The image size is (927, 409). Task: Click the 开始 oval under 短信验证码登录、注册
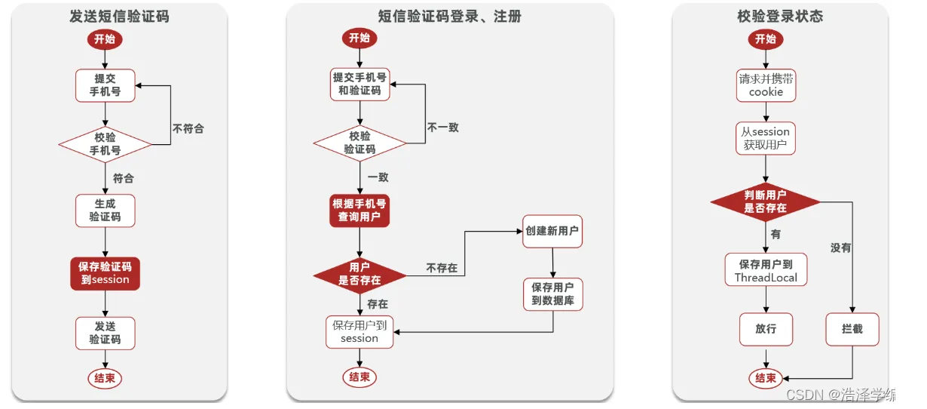click(359, 38)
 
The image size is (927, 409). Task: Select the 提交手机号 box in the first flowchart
click(105, 85)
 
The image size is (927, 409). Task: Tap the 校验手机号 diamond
click(105, 143)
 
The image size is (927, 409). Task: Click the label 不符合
click(188, 128)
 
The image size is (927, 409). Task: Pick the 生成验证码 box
click(105, 211)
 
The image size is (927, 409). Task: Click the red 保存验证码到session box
click(105, 272)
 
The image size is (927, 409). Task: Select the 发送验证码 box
click(105, 333)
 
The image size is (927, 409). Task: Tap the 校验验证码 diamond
click(359, 143)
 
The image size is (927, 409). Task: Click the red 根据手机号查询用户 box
click(359, 211)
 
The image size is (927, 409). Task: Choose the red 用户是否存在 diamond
click(359, 273)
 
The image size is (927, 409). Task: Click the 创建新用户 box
click(552, 231)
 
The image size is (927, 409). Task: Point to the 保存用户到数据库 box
click(552, 294)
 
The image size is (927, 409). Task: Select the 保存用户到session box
click(359, 332)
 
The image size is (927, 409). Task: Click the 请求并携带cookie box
click(766, 85)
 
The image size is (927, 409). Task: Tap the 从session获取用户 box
click(766, 138)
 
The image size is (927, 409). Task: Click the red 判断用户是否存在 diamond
click(766, 201)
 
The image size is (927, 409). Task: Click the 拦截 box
click(852, 329)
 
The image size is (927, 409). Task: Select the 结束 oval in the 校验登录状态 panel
click(766, 378)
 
